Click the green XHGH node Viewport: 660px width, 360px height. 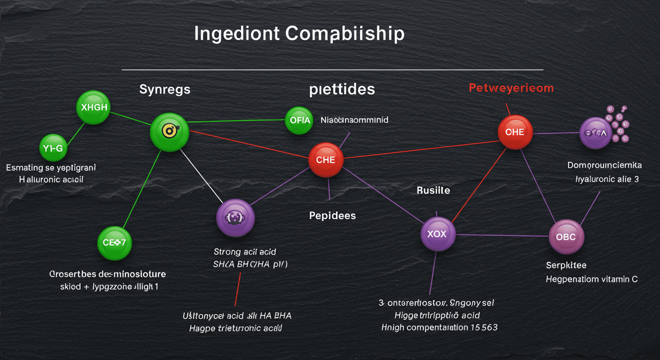94,107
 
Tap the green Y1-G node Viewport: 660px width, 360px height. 53,149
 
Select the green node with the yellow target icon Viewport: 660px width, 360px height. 169,132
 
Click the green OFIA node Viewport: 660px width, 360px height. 300,120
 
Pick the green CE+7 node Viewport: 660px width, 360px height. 114,243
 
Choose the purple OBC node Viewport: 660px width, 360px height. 566,237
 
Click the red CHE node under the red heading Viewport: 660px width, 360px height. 515,132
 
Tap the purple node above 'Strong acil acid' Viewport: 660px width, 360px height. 235,217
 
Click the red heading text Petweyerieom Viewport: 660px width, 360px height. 511,88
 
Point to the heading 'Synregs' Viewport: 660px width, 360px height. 165,89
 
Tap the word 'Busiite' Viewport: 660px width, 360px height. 433,190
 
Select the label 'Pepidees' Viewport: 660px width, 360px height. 332,216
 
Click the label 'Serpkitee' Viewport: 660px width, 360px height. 566,265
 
